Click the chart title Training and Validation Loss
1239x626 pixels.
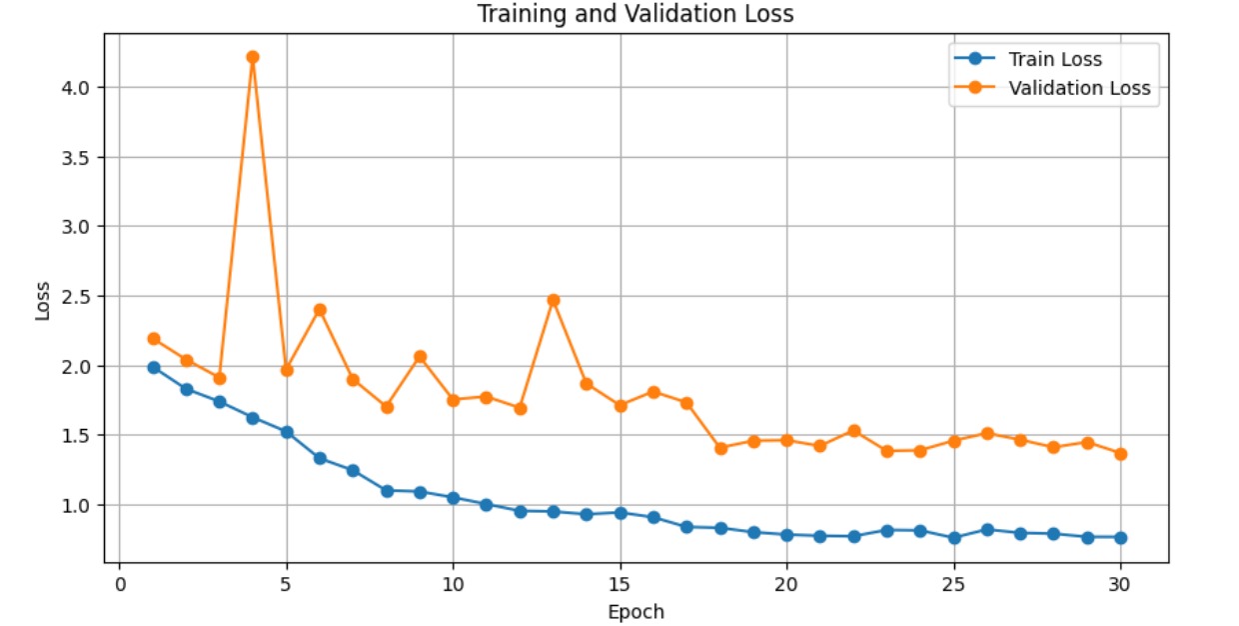click(x=634, y=14)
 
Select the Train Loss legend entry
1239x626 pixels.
click(x=1055, y=60)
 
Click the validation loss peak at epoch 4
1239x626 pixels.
click(x=253, y=57)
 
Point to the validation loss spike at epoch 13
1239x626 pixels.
click(x=554, y=300)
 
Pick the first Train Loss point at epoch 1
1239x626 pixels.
click(x=153, y=367)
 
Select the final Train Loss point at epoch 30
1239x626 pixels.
click(x=1120, y=537)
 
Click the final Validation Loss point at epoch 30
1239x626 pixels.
click(x=1120, y=454)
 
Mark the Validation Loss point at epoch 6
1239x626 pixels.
click(x=320, y=310)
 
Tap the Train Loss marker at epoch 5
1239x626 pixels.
click(x=287, y=432)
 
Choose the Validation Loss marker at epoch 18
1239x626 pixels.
click(x=720, y=448)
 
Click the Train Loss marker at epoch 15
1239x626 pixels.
click(x=620, y=513)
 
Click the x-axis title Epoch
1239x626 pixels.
click(x=635, y=611)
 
